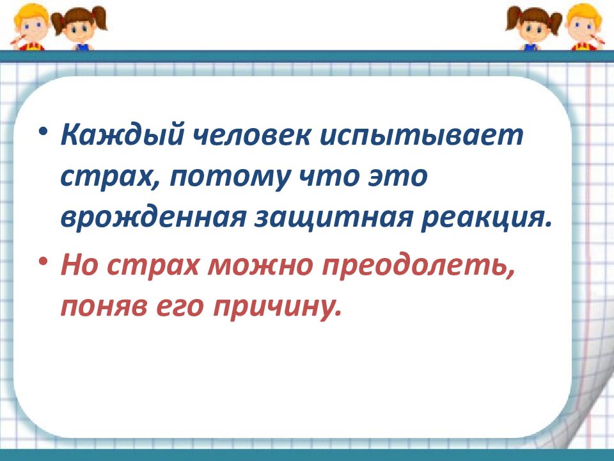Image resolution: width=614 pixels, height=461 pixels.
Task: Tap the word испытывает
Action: [418, 136]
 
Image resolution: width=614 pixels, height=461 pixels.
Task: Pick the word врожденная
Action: [153, 218]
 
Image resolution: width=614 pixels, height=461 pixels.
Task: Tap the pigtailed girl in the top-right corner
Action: [534, 27]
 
